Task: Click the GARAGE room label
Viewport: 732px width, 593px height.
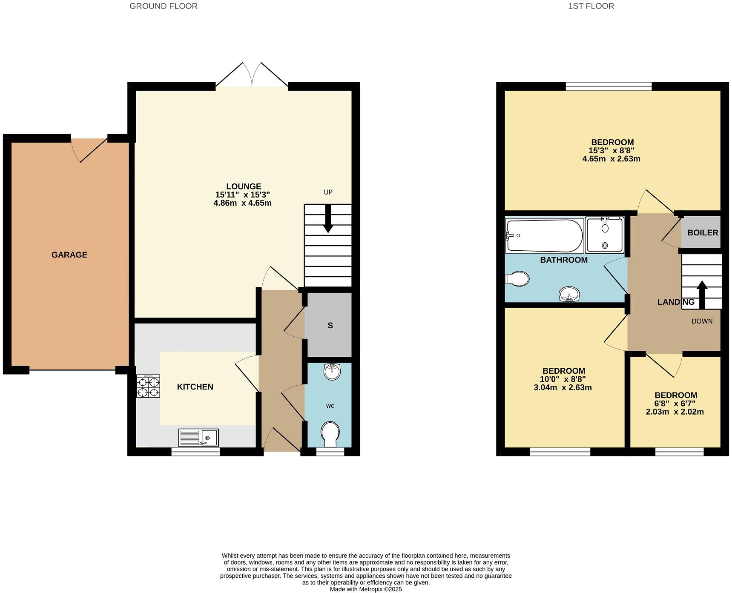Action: pyautogui.click(x=69, y=255)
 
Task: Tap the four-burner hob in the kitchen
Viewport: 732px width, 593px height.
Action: pyautogui.click(x=148, y=386)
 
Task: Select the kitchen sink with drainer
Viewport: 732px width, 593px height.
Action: pyautogui.click(x=198, y=438)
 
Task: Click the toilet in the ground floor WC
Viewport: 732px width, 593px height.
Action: pyautogui.click(x=330, y=434)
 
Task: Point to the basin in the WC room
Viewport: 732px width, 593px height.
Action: pyautogui.click(x=332, y=372)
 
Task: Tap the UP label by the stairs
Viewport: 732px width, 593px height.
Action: pyautogui.click(x=328, y=192)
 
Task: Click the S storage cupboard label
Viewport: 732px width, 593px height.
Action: pyautogui.click(x=330, y=326)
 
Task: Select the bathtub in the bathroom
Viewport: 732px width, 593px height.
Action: pyautogui.click(x=544, y=235)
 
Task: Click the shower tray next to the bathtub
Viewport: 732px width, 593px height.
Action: pyautogui.click(x=605, y=235)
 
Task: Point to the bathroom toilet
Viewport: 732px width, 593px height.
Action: pyautogui.click(x=517, y=279)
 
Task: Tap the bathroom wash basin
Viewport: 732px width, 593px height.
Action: pyautogui.click(x=569, y=294)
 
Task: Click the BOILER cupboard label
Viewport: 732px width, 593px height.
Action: pyautogui.click(x=703, y=233)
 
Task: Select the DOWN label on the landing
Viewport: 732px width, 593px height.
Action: pyautogui.click(x=702, y=321)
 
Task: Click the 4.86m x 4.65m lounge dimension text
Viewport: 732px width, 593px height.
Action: pyautogui.click(x=242, y=203)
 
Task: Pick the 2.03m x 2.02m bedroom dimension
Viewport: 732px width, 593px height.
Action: pyautogui.click(x=675, y=412)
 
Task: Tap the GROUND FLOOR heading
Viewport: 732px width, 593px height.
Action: pyautogui.click(x=164, y=6)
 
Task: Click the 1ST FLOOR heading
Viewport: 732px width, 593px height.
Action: pyautogui.click(x=591, y=6)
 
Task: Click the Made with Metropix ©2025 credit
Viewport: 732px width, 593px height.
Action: pyautogui.click(x=366, y=589)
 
